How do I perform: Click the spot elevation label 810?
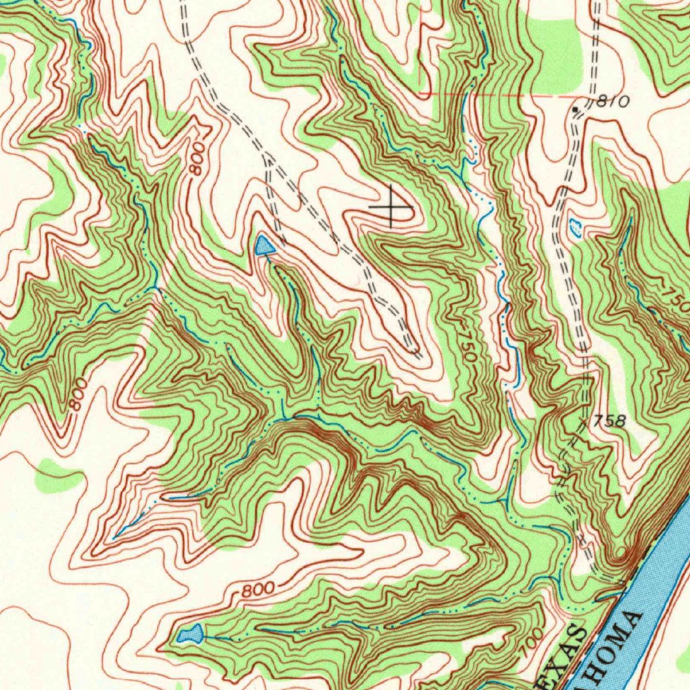[613, 102]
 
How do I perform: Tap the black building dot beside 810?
[575, 108]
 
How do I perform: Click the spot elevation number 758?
[610, 422]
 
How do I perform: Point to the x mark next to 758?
[584, 421]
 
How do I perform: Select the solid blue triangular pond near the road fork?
[263, 246]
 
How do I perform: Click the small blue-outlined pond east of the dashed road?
[575, 228]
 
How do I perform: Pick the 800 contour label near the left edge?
[78, 394]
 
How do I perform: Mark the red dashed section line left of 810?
[499, 95]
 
